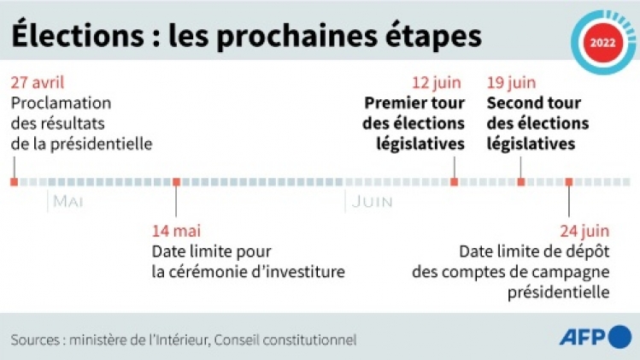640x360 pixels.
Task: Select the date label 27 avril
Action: (38, 83)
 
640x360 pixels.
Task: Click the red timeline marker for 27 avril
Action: (14, 181)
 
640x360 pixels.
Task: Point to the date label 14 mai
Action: (175, 232)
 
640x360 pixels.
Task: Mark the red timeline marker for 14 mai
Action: (176, 181)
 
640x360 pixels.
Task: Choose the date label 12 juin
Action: (437, 83)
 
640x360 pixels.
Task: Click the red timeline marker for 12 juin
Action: (454, 181)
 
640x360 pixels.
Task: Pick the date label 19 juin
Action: (512, 83)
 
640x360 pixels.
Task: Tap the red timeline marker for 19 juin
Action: (520, 181)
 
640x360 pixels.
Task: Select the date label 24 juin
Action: (584, 232)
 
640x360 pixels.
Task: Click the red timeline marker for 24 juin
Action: (569, 181)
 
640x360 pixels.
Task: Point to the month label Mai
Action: (68, 202)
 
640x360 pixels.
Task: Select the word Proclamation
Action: (62, 103)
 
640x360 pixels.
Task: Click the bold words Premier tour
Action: (414, 103)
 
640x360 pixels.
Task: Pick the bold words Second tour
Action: (534, 103)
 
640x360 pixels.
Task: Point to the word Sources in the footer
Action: (35, 339)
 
